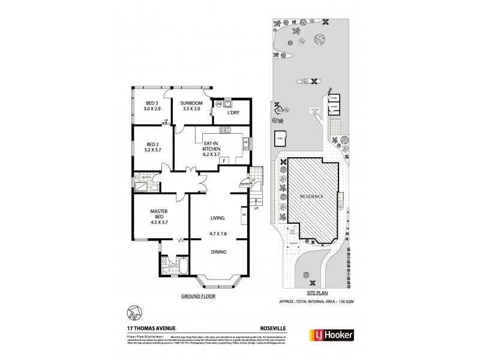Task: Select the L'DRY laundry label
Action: point(233,112)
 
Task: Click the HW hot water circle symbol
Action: point(218,104)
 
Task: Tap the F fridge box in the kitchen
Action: point(224,161)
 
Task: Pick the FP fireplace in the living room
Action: point(244,214)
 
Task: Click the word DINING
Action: point(218,252)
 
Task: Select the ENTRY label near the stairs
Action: point(244,184)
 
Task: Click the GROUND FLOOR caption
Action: point(197,296)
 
